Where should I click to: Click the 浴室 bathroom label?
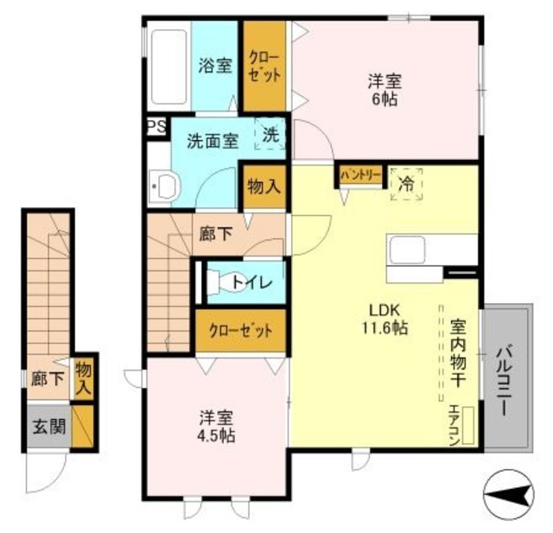tap(215, 65)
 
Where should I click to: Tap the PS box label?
tap(156, 126)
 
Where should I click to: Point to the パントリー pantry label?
tap(359, 175)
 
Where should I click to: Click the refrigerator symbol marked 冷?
tap(406, 183)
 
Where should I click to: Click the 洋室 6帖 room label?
tap(384, 90)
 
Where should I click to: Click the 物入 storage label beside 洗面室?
tap(262, 186)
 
